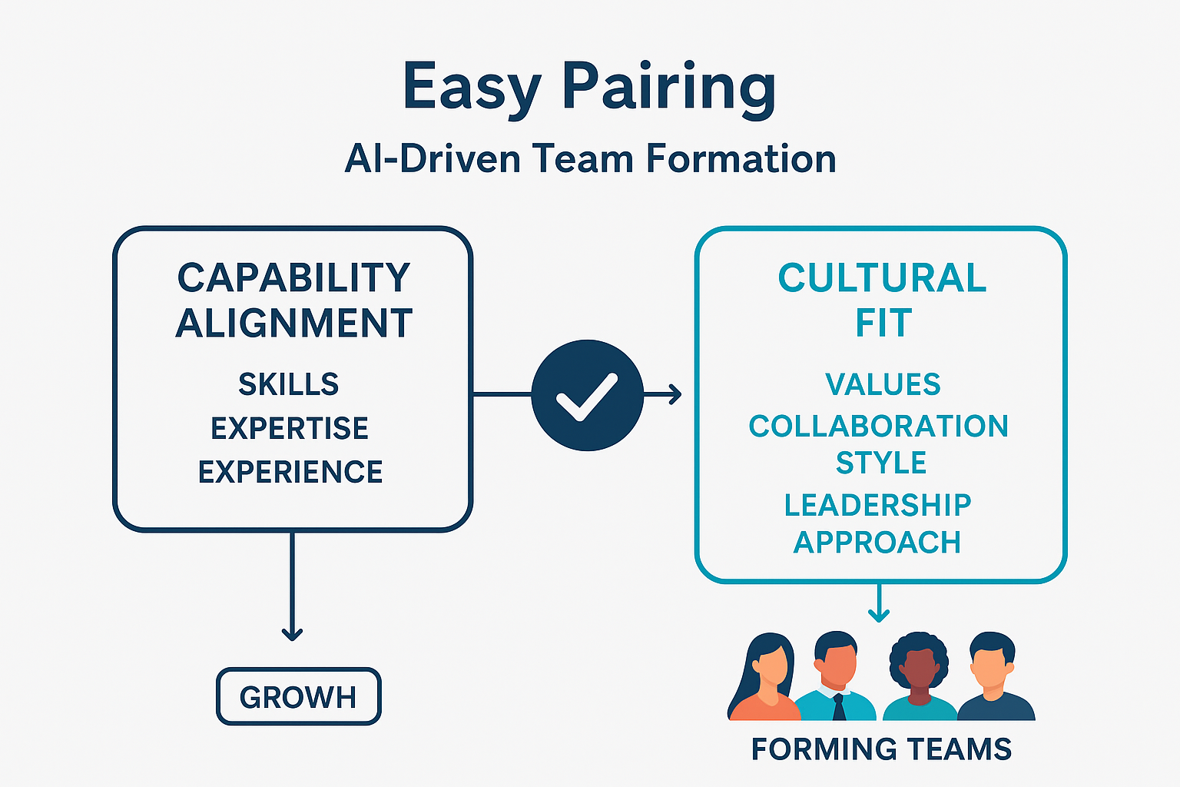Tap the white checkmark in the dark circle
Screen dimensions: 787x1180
click(x=587, y=396)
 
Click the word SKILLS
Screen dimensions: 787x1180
click(x=289, y=384)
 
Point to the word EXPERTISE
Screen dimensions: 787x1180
click(x=290, y=428)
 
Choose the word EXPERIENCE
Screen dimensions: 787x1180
click(x=290, y=472)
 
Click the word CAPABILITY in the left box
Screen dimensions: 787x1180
click(x=294, y=278)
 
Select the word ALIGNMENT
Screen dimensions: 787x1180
click(x=294, y=323)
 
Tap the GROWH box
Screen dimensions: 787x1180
click(x=299, y=697)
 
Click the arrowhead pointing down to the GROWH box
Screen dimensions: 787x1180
click(x=292, y=633)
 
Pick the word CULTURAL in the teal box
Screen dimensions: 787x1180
click(x=882, y=278)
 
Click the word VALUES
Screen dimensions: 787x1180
click(x=883, y=384)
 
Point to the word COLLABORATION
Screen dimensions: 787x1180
click(x=878, y=427)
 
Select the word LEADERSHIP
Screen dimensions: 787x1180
click(x=878, y=505)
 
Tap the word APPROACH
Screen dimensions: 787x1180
click(x=877, y=543)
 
